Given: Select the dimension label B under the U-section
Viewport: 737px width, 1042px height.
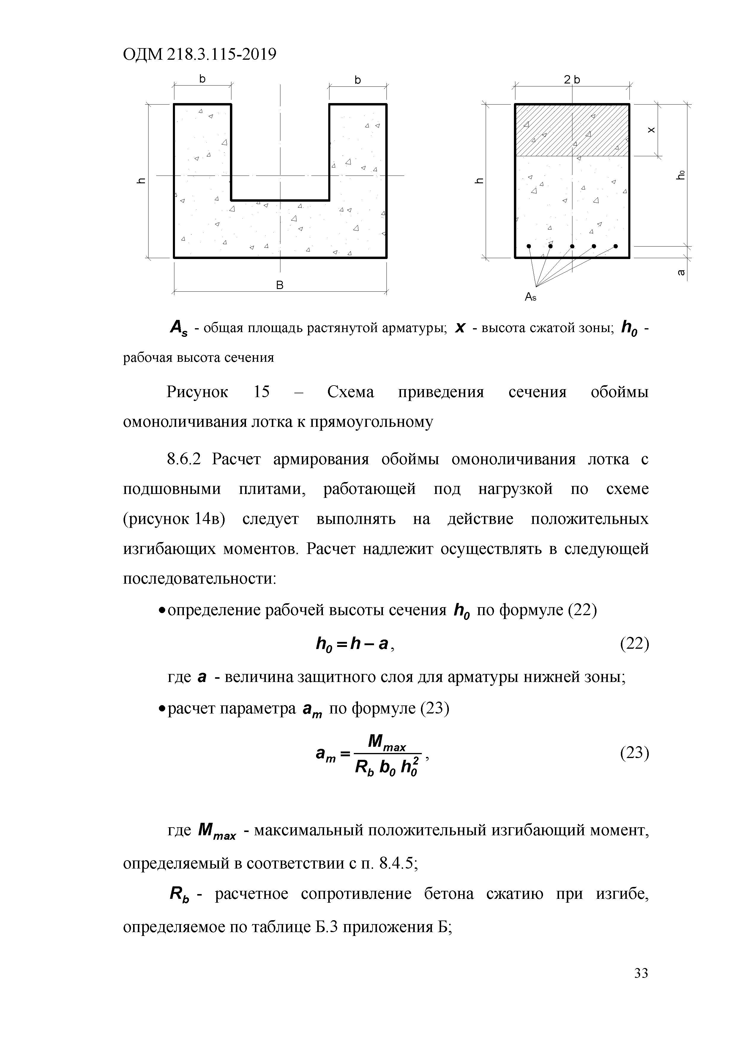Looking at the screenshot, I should pos(280,285).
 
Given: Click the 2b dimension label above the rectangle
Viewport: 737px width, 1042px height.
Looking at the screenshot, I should pos(572,80).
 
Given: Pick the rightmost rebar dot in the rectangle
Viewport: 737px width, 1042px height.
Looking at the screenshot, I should pos(616,247).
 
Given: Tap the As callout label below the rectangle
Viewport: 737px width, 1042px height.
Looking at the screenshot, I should pos(531,297).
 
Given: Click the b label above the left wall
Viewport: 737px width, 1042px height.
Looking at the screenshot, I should pos(202,79).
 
